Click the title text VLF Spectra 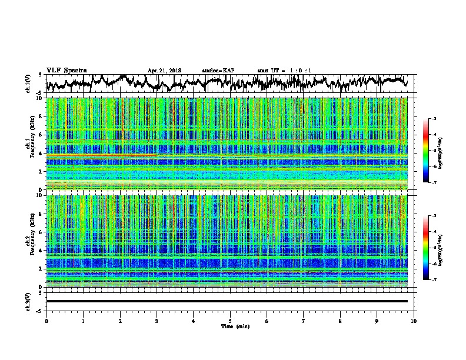point(66,70)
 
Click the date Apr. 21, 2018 point(165,71)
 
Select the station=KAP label point(218,71)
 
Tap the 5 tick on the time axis point(230,321)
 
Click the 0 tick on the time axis point(46,321)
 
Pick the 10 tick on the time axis point(414,321)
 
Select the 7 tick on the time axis point(304,321)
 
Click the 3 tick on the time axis point(157,321)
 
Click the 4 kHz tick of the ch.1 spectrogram point(41,153)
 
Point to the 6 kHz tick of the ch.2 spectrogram point(41,232)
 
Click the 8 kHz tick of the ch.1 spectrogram point(41,116)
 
